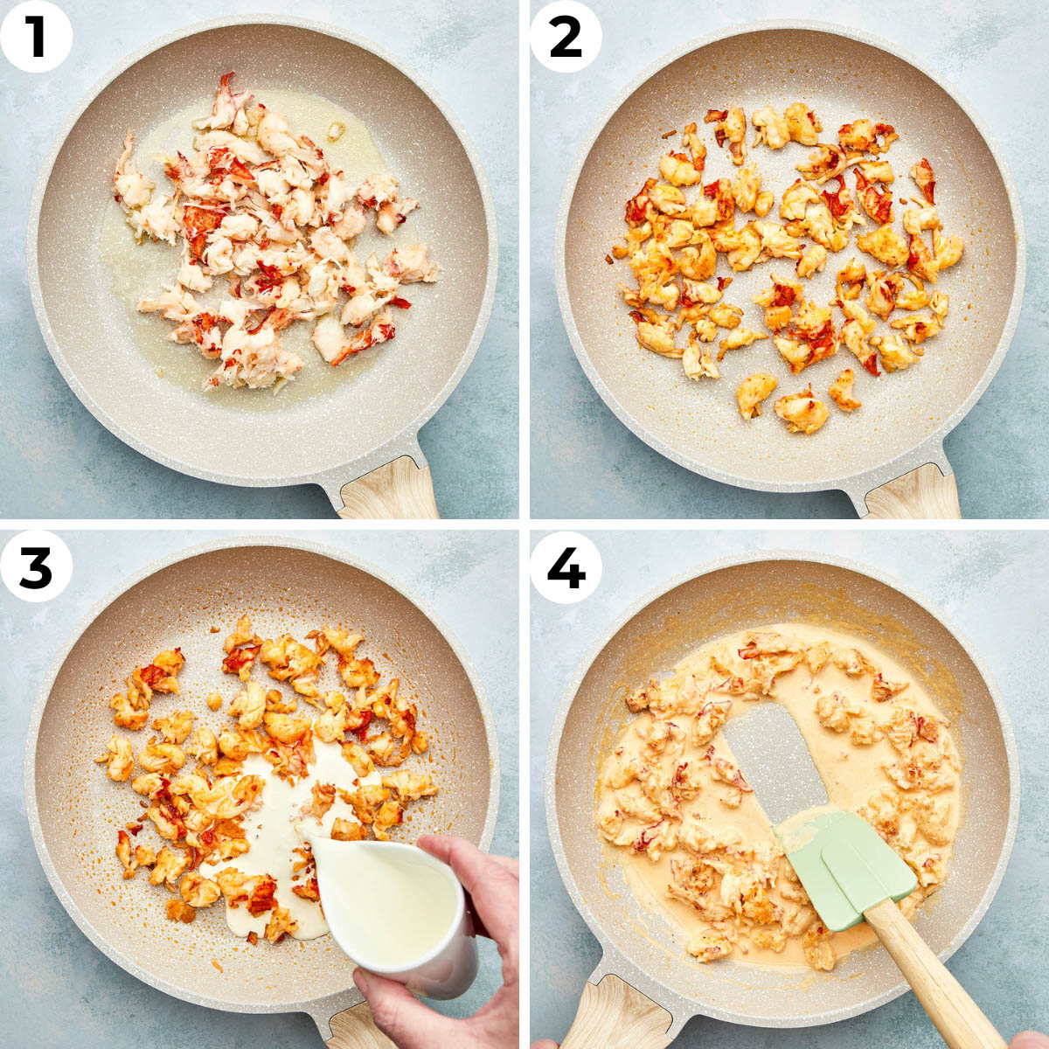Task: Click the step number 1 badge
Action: pos(36,36)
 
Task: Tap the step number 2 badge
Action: pos(566,36)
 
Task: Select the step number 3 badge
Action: pos(36,566)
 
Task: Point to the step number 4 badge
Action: pos(566,566)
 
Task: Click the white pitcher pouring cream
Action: pos(392,904)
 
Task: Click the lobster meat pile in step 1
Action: pos(272,234)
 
